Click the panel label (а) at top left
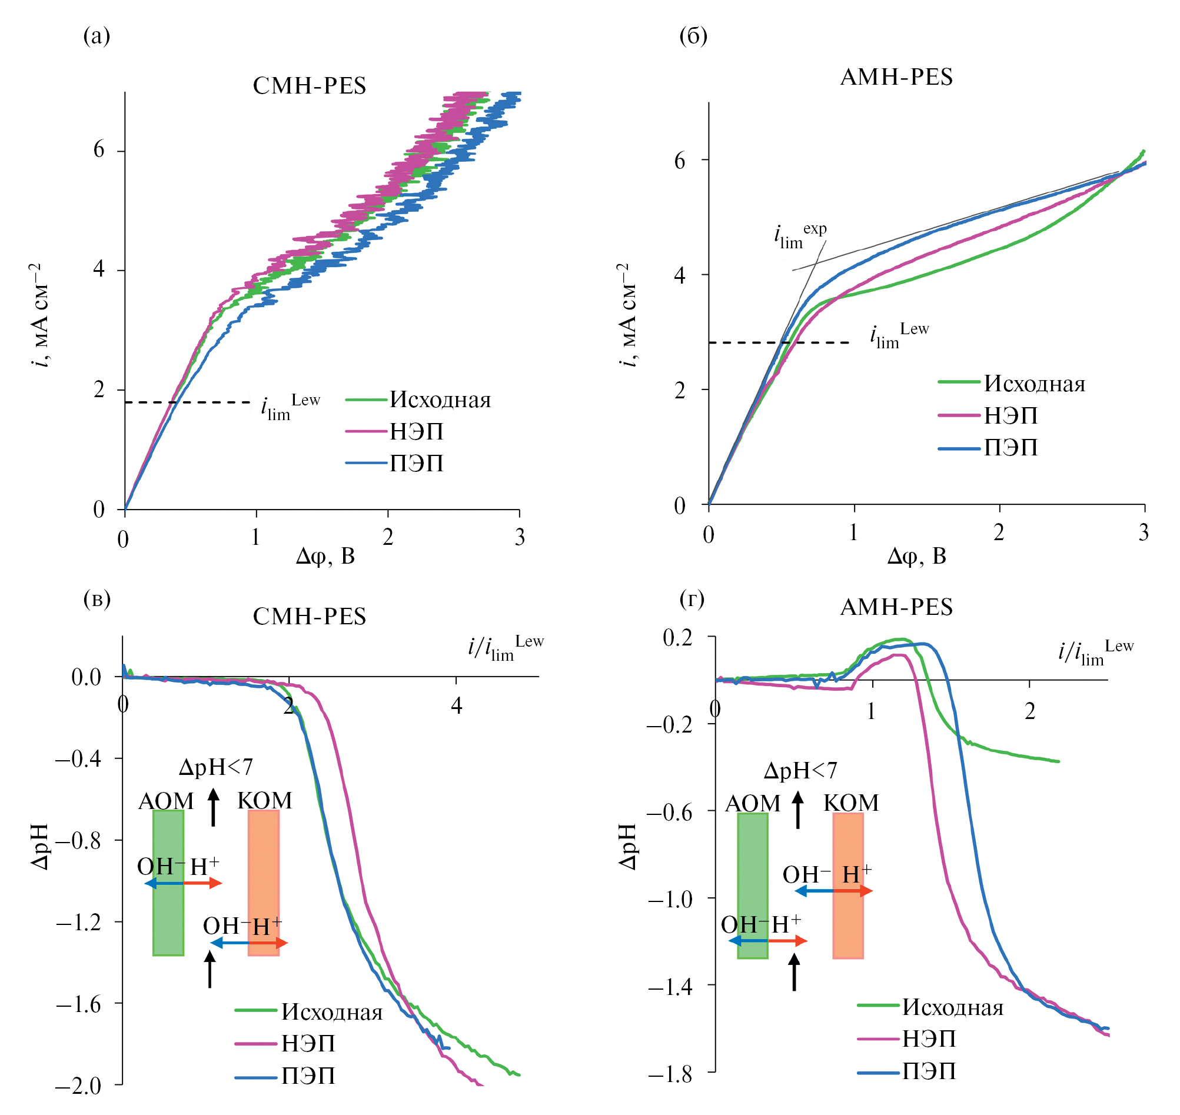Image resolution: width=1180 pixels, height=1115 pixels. [97, 36]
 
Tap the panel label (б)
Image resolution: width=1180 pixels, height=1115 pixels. [693, 36]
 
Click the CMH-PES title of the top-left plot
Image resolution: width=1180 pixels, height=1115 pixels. [310, 85]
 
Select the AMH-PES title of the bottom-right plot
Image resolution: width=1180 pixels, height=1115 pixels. [896, 607]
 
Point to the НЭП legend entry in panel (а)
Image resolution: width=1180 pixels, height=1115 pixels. [416, 431]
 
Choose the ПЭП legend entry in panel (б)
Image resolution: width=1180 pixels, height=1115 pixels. [1011, 448]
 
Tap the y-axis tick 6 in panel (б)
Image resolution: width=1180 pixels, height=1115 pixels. [680, 161]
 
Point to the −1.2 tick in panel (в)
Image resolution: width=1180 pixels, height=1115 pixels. [78, 922]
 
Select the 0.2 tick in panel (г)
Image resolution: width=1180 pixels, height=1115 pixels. [677, 638]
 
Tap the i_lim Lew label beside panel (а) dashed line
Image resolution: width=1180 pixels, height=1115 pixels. [290, 407]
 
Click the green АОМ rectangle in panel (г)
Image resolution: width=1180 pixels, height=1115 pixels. [753, 886]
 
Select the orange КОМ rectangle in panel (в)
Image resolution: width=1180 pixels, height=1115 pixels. [263, 883]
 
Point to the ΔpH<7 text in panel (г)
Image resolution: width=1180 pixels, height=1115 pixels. [800, 771]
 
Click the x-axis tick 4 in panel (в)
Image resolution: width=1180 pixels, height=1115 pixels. [456, 705]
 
